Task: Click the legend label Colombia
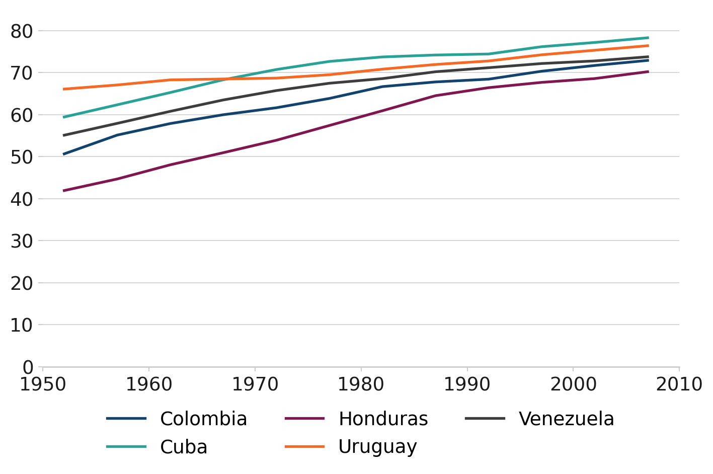[x=203, y=419]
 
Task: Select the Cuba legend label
[x=184, y=447]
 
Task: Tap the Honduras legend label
[x=383, y=419]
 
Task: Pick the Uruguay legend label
[x=377, y=447]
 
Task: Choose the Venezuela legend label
[x=566, y=419]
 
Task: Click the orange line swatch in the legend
[x=304, y=447]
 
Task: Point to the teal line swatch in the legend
[x=126, y=447]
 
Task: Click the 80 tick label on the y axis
[x=21, y=31]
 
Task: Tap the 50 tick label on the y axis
[x=21, y=157]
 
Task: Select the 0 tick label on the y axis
[x=28, y=367]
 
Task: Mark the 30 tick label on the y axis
[x=21, y=241]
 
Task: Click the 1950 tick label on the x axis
[x=43, y=384]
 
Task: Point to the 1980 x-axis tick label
[x=361, y=384]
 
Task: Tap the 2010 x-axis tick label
[x=679, y=384]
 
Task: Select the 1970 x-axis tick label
[x=255, y=384]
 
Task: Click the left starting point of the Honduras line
[x=64, y=191]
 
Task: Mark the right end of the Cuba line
[x=648, y=38]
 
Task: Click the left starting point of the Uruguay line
[x=64, y=89]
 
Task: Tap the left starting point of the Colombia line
[x=64, y=154]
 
